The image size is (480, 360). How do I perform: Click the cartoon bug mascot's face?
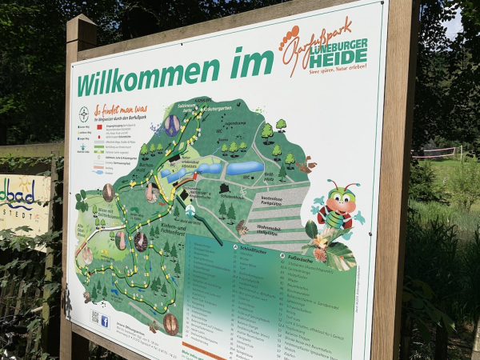[342, 196]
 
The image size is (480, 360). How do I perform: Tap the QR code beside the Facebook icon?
[94, 317]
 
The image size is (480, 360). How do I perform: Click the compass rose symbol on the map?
[83, 114]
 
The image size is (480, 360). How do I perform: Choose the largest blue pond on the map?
[244, 168]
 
